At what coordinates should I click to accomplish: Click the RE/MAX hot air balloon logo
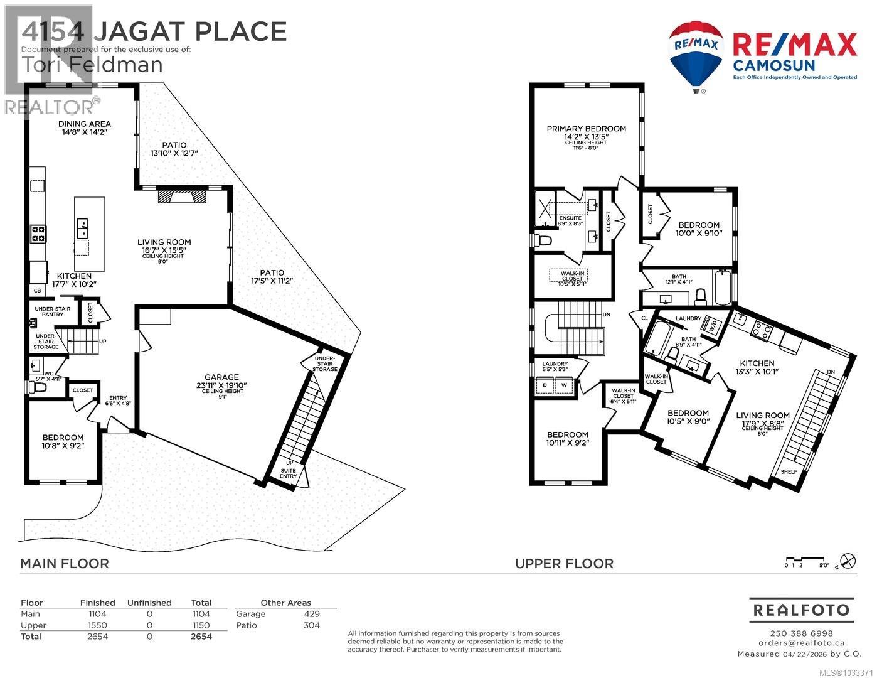[x=696, y=53]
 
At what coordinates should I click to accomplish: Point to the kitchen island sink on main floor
[x=82, y=229]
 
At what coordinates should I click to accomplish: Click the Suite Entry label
[x=289, y=473]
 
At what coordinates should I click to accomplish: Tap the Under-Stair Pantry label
[x=52, y=311]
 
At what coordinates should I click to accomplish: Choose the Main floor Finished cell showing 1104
[x=97, y=614]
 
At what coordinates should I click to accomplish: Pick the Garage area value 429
[x=312, y=614]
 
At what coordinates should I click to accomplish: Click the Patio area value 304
[x=312, y=625]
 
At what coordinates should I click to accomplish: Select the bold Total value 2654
[x=201, y=637]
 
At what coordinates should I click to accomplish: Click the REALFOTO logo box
[x=801, y=610]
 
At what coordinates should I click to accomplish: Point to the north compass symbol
[x=848, y=559]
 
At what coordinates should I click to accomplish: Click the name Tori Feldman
[x=92, y=65]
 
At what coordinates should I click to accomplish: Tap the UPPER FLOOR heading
[x=564, y=564]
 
